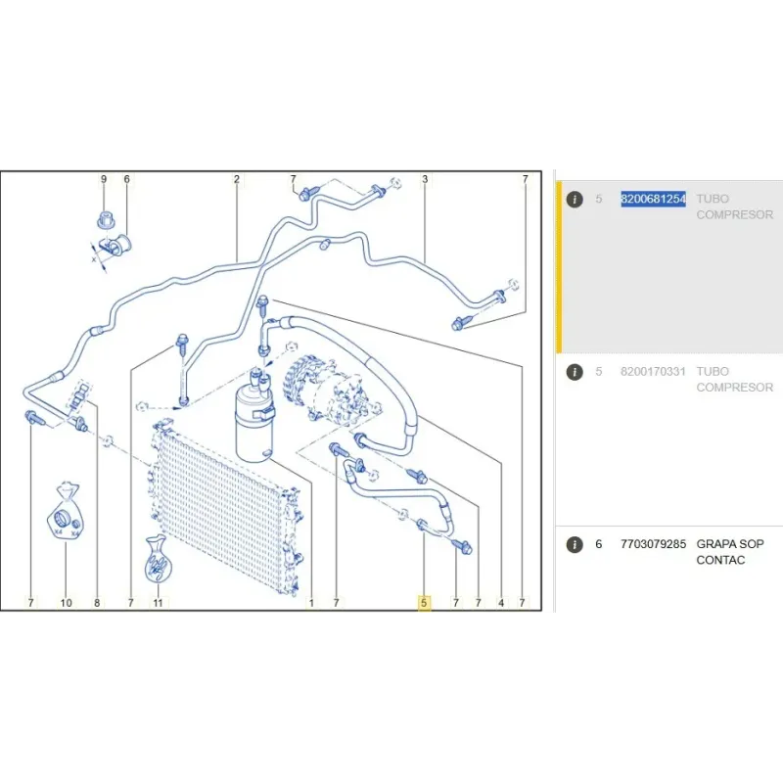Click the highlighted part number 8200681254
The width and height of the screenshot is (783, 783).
[653, 199]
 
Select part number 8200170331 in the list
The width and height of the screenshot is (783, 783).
[653, 372]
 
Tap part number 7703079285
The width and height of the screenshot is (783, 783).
[653, 544]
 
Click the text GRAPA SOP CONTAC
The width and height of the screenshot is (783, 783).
[730, 552]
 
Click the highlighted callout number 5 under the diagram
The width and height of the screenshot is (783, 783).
[424, 603]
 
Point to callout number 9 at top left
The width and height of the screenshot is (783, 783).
[104, 179]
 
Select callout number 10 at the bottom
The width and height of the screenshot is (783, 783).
[66, 603]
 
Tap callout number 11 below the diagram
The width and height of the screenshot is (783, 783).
[158, 603]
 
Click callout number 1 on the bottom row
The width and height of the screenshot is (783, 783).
[311, 603]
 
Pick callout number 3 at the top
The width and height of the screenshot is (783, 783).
[425, 179]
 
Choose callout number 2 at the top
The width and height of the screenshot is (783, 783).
[237, 179]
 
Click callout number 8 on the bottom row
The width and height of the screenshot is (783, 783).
[97, 603]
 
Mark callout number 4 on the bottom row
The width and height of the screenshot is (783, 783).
[501, 603]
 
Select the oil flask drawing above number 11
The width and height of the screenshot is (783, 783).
[157, 559]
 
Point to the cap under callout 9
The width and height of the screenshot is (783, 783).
[104, 219]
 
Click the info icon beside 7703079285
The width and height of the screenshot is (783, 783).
[575, 544]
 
